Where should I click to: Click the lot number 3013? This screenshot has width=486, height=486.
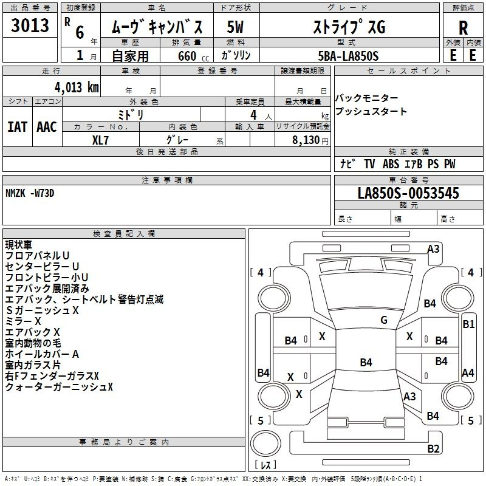click(30, 25)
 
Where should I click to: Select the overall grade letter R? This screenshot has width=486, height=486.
click(463, 28)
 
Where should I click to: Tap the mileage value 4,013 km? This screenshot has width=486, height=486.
click(77, 87)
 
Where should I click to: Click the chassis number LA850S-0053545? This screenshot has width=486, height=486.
click(408, 193)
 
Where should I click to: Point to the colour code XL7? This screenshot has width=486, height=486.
click(100, 140)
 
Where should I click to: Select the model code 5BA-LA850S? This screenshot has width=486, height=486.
click(348, 56)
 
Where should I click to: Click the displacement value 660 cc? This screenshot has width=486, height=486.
click(193, 56)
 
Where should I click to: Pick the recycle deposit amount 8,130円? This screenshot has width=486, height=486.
click(310, 140)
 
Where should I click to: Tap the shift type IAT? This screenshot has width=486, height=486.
click(18, 127)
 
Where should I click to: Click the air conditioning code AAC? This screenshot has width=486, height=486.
click(47, 127)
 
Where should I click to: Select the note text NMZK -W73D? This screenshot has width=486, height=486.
click(30, 193)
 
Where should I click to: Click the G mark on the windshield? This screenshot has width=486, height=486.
click(384, 320)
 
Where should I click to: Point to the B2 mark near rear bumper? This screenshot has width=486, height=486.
click(433, 448)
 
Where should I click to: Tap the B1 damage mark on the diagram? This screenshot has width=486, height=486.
click(468, 324)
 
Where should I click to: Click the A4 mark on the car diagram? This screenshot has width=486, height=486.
click(468, 373)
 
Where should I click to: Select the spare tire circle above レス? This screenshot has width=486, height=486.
click(265, 443)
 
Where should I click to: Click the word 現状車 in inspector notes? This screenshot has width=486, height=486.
click(19, 245)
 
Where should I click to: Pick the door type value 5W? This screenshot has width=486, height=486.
click(235, 27)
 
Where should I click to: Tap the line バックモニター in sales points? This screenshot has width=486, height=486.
click(367, 98)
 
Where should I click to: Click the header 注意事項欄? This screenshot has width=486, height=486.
click(167, 180)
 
